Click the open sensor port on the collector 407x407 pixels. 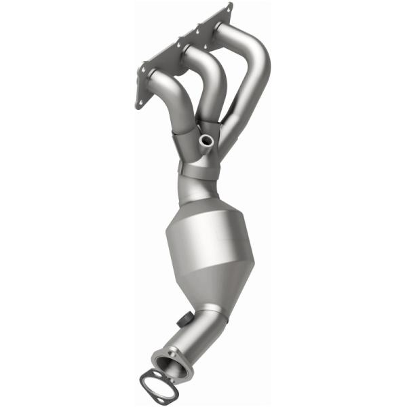click(x=206, y=140)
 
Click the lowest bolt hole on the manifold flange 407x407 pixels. click(x=140, y=103)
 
